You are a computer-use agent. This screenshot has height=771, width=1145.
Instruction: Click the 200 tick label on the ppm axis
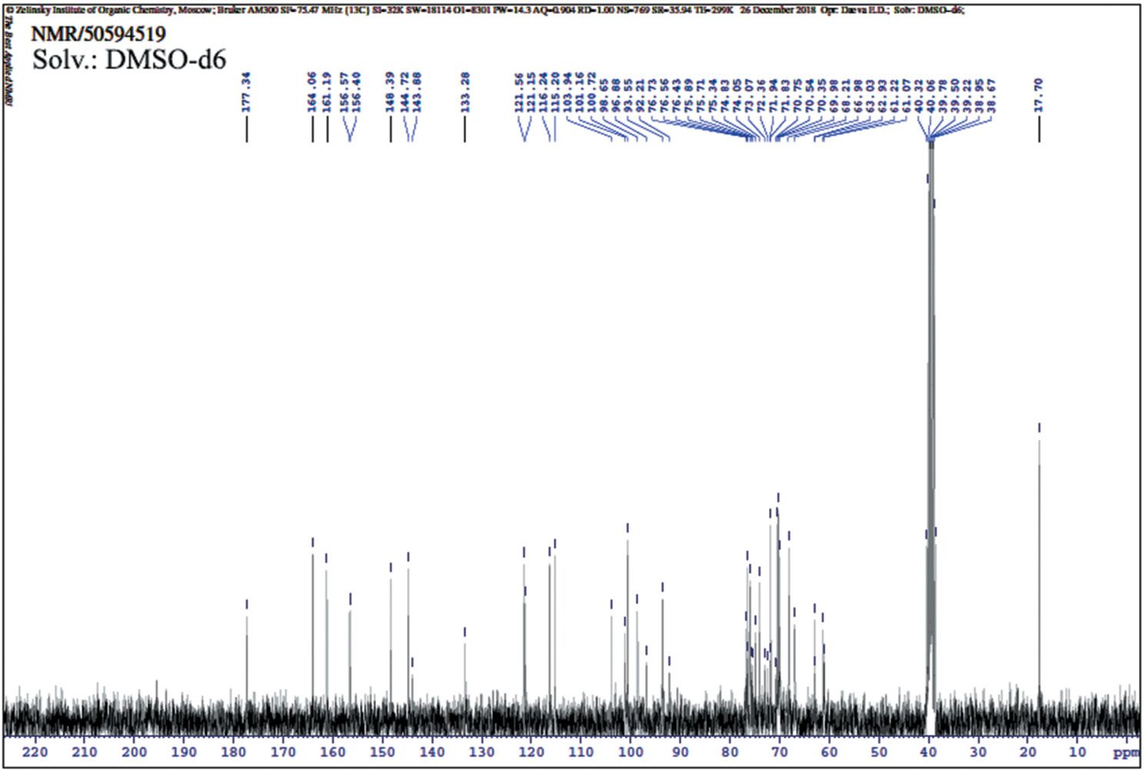click(134, 752)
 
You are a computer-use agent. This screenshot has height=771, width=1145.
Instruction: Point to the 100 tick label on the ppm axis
click(631, 752)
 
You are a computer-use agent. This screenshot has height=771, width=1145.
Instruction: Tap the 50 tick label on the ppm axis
click(879, 752)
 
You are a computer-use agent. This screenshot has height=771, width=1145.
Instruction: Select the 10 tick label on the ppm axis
click(1077, 752)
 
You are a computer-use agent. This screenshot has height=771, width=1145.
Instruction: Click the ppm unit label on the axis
click(1126, 752)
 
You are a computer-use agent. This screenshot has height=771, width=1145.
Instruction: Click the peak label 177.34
click(247, 92)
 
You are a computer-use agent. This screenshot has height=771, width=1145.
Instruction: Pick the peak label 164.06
click(312, 92)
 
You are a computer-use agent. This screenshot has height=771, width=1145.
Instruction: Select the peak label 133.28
click(464, 92)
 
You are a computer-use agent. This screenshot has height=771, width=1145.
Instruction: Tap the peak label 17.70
click(1039, 95)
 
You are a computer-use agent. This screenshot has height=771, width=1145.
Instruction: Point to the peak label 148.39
click(391, 92)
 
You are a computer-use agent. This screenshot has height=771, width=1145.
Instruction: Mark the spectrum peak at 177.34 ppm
click(247, 615)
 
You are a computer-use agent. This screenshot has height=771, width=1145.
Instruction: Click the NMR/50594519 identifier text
click(98, 35)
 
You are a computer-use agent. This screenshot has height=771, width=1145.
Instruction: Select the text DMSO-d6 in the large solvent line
click(165, 60)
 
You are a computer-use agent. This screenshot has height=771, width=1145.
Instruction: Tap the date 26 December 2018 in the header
click(777, 10)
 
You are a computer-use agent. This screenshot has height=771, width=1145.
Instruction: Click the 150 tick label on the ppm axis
click(382, 752)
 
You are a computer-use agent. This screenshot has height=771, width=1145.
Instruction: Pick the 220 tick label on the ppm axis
click(35, 752)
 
